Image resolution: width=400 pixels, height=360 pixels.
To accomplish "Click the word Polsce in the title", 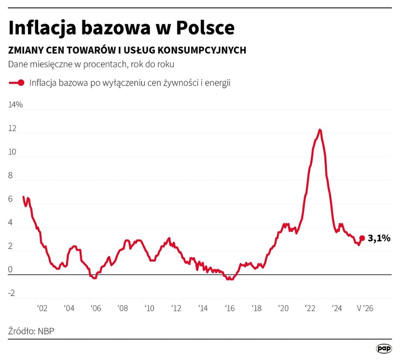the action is pos(205,28).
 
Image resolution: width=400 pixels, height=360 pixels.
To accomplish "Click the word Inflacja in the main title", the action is pos(42,28).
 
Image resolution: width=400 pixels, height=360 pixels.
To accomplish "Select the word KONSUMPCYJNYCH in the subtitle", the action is pos(202,50).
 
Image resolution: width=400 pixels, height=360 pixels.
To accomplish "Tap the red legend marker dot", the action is pos(21,83).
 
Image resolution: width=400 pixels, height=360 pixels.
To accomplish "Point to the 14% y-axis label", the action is pos(16,105).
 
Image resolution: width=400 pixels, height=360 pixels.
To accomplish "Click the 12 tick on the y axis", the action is pos(12,128).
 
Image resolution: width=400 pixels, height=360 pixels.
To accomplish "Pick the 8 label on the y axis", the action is pos(10,175).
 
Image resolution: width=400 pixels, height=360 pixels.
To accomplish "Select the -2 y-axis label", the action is pos(11,293).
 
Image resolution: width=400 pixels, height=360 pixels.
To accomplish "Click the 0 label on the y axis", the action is pos(10,269).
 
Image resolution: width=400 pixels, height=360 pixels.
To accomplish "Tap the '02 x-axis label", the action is pos(42,308).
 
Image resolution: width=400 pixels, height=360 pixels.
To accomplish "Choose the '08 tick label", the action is pos(123,308).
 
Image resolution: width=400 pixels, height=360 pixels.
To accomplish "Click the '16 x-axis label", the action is pos(230,308).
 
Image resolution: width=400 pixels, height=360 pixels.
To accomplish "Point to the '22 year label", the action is pos(310,308).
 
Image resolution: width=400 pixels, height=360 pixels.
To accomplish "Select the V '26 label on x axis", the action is pos(365,308).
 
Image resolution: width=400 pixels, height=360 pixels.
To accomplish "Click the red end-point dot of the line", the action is pos(362,238).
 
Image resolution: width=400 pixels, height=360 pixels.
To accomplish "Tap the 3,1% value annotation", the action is pos(379,238).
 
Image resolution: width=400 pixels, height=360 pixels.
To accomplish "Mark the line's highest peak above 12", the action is pos(320,130).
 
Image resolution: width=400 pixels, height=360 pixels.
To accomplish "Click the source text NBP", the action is pos(46,331).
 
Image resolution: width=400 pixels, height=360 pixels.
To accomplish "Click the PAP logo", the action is pos(384,349).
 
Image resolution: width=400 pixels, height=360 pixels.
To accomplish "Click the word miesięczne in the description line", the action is pos(51,64).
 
